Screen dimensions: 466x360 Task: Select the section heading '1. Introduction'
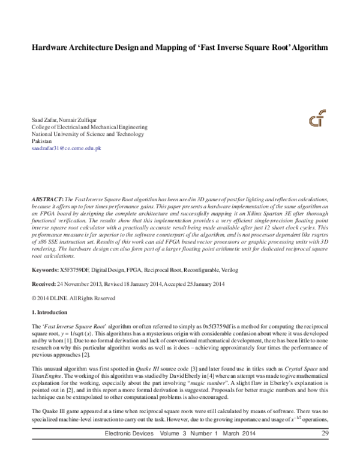click(x=51, y=313)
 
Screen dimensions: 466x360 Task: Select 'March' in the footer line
click(x=244, y=450)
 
